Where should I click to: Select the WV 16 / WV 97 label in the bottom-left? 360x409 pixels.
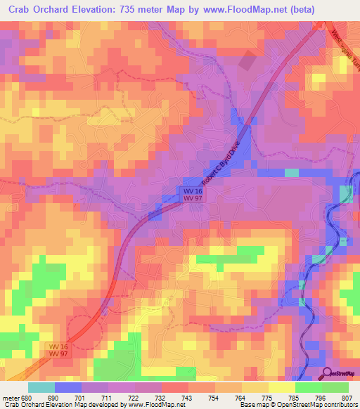(x=60, y=351)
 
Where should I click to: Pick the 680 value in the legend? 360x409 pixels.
(x=27, y=398)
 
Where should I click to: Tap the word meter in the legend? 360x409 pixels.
(x=11, y=398)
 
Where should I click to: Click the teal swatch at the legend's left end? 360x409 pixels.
(x=41, y=387)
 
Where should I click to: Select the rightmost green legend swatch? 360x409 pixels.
(x=335, y=387)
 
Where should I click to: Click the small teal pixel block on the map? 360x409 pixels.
(x=291, y=172)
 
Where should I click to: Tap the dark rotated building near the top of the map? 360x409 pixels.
(x=247, y=62)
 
